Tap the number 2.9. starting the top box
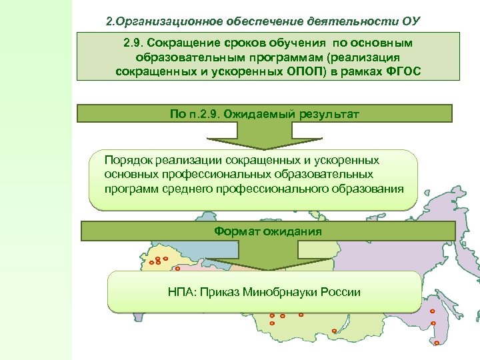pyautogui.click(x=137, y=43)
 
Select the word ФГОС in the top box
pyautogui.click(x=403, y=71)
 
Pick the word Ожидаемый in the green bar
pyautogui.click(x=255, y=114)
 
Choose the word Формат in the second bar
pyautogui.click(x=237, y=231)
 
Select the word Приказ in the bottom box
pyautogui.click(x=221, y=292)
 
